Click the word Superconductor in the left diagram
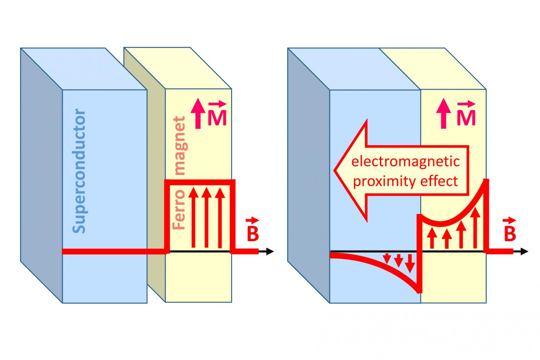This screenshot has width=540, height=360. click(79, 172)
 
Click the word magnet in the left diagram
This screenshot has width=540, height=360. click(180, 146)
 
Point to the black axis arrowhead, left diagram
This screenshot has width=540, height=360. click(270, 252)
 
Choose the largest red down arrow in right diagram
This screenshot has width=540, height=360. click(410, 263)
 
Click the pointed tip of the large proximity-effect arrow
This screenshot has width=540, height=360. click(335, 169)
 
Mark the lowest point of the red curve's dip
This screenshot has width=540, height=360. click(418, 292)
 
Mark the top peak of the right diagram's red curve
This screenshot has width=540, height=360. click(487, 180)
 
